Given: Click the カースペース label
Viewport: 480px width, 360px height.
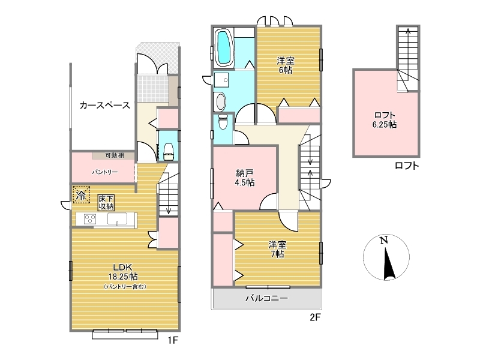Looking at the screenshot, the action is click(x=104, y=106).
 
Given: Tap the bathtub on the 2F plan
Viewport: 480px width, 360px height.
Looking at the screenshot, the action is click(x=224, y=47).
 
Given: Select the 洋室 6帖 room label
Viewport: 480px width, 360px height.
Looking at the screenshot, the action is click(x=286, y=65).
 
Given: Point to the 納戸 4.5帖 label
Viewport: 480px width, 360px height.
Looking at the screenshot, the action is click(x=245, y=178).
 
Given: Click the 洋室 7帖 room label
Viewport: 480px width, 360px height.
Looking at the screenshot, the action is click(x=277, y=249).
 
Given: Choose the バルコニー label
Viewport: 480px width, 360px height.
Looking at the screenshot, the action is click(x=266, y=298).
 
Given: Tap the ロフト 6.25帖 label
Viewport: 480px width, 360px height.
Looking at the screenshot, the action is click(x=385, y=119).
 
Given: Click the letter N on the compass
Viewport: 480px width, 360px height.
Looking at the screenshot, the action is click(x=384, y=241).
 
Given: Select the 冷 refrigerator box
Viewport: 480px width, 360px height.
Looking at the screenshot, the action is click(x=81, y=194).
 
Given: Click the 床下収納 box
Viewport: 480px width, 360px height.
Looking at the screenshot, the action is click(x=106, y=202).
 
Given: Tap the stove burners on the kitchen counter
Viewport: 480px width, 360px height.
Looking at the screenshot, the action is click(x=89, y=219).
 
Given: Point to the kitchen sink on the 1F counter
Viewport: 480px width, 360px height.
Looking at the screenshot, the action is click(x=117, y=219).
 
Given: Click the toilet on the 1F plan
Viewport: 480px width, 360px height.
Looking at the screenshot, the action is click(x=169, y=152).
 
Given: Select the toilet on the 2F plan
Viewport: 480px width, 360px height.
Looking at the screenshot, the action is click(x=223, y=121).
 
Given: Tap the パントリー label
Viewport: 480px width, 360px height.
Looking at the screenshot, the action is click(x=104, y=172).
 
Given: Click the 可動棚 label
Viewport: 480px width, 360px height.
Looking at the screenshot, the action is click(x=115, y=155).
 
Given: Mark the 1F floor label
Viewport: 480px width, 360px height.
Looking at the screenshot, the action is click(x=173, y=340).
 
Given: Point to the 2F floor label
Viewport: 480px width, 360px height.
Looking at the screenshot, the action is click(x=314, y=317).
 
